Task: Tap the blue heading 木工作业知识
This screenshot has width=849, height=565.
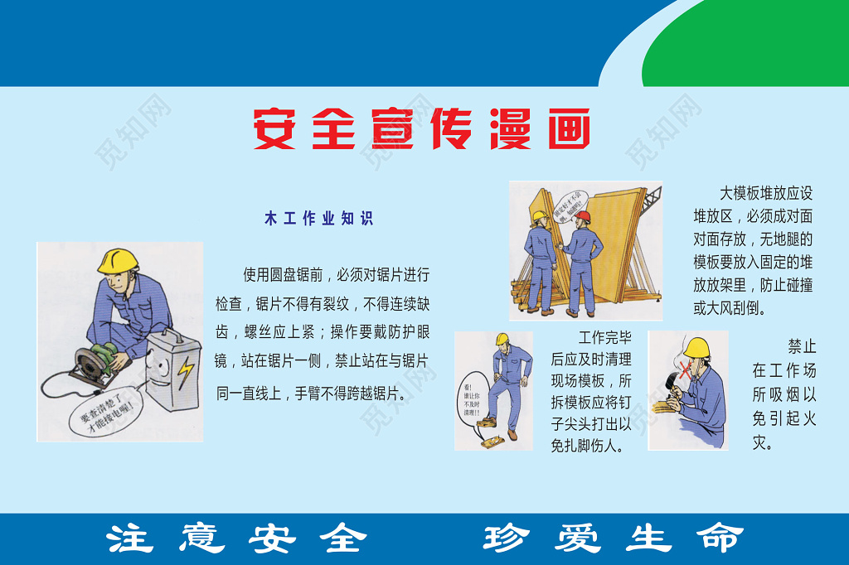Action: pos(318,219)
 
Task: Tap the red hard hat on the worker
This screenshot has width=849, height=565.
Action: pos(583,216)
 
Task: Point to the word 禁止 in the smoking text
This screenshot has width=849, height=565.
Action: pos(801,346)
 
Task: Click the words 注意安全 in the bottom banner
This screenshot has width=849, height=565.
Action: pos(236,538)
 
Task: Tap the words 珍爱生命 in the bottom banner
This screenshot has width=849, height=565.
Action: pos(614,538)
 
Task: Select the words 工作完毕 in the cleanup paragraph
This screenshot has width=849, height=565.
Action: pos(604,338)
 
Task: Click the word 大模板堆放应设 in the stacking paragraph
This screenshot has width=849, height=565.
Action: pos(765,194)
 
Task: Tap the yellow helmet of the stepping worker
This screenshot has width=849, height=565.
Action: pos(502,339)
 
